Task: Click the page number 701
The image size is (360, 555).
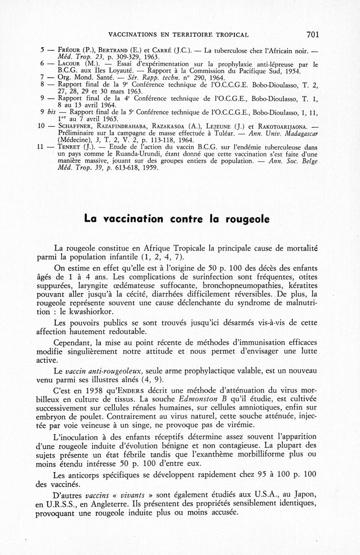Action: [312, 34]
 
